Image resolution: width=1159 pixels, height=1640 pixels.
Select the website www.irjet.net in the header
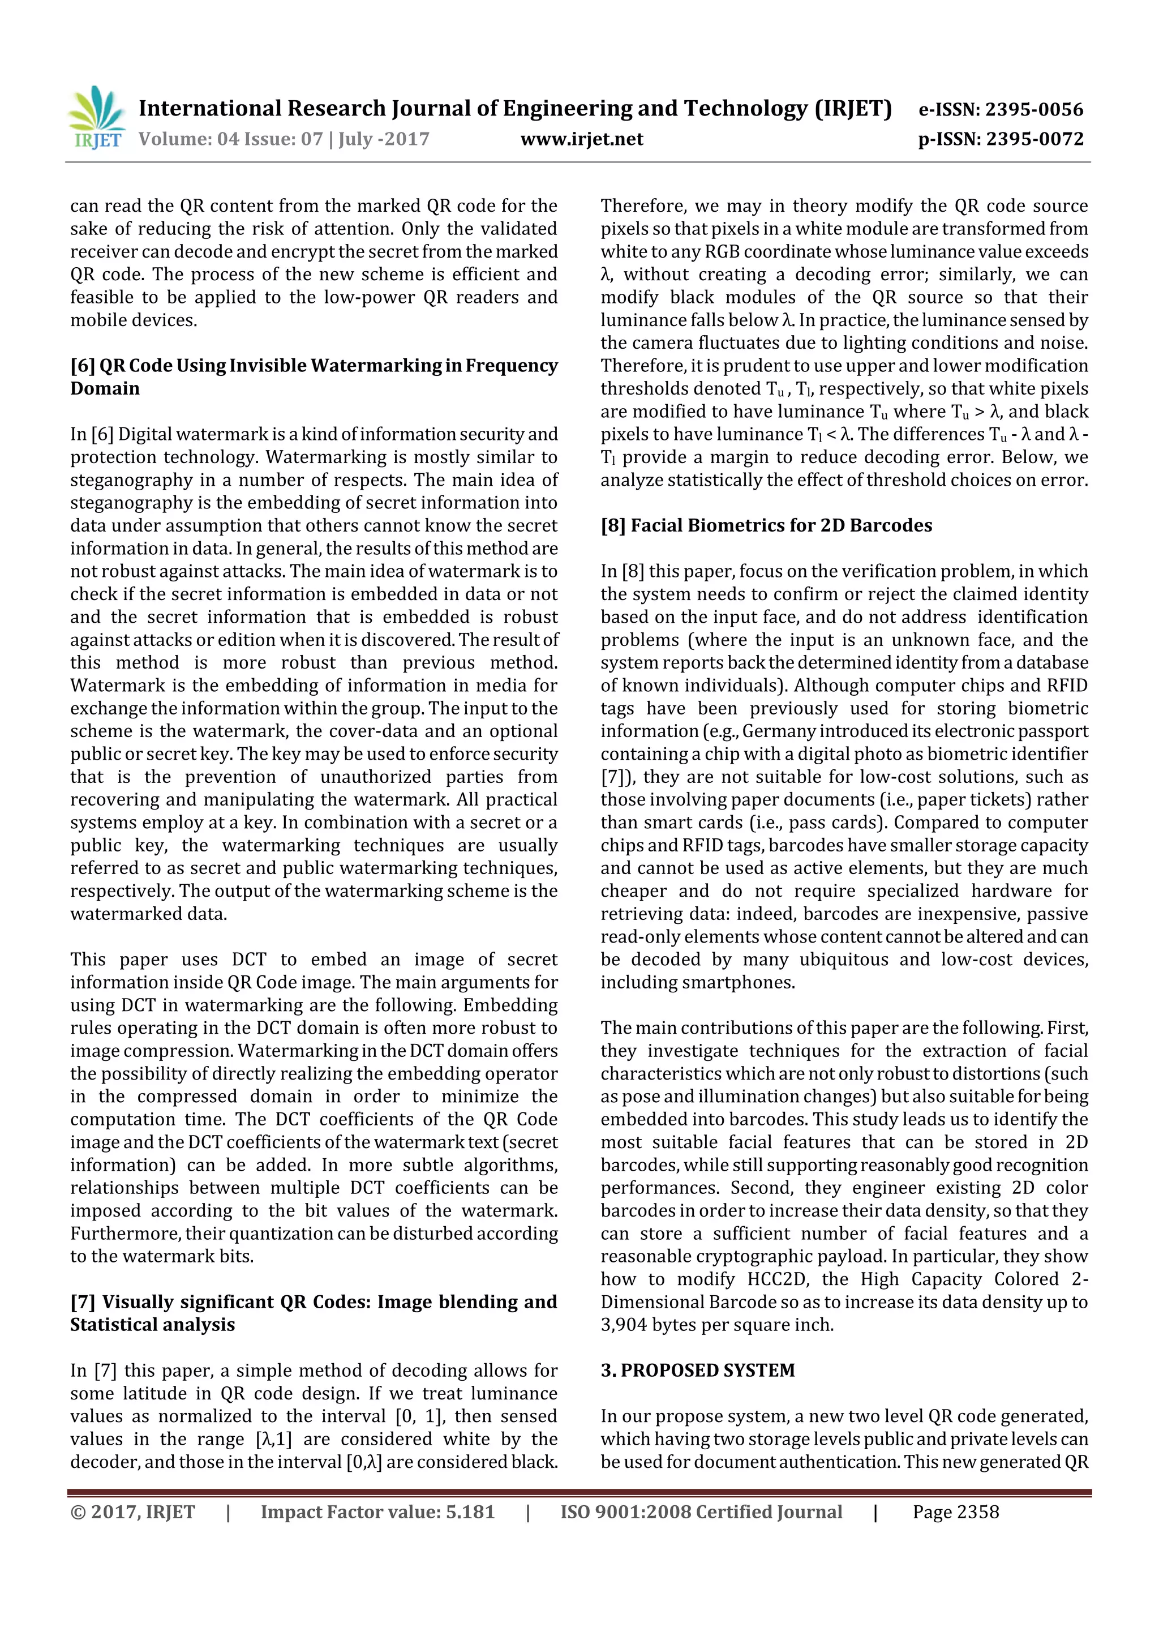tap(581, 139)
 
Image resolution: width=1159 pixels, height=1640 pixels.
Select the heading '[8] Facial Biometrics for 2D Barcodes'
tap(766, 526)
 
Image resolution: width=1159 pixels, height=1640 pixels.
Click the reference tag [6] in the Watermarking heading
tap(82, 366)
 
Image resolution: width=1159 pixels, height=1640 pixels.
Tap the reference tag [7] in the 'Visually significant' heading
tap(82, 1302)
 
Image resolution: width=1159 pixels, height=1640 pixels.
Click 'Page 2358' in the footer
tap(955, 1511)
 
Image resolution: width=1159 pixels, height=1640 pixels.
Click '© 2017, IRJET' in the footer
tap(133, 1511)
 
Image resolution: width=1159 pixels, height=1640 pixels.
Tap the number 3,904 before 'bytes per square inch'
tap(625, 1325)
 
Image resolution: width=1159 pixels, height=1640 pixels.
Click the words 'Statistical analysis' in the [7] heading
tap(152, 1325)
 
